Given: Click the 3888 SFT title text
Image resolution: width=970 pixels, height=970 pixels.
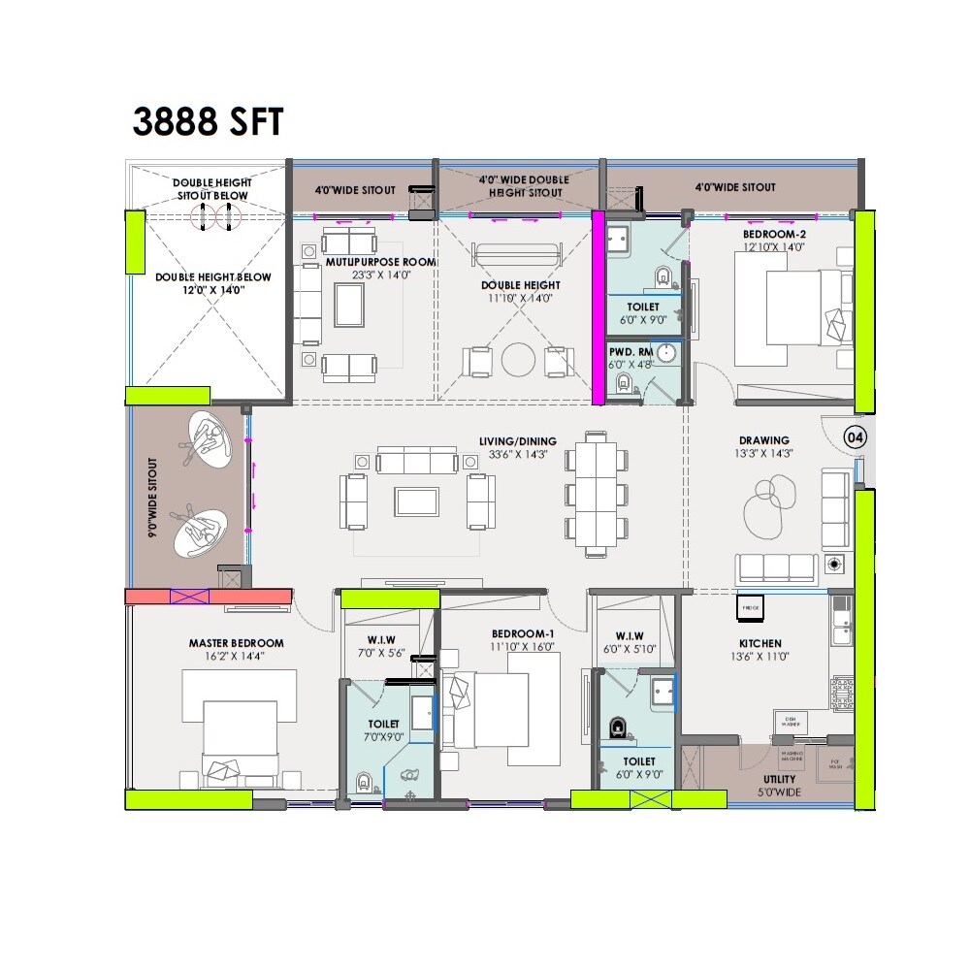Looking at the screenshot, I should pyautogui.click(x=208, y=122).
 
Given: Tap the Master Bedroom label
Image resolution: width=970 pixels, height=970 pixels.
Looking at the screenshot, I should pyautogui.click(x=236, y=643).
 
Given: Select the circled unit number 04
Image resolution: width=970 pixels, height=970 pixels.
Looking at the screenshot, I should pyautogui.click(x=855, y=437).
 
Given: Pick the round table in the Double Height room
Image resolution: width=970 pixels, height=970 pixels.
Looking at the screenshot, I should pyautogui.click(x=518, y=360).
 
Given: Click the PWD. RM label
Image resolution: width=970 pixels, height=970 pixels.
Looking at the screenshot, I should pyautogui.click(x=627, y=351).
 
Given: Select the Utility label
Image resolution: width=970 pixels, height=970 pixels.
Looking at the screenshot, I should pyautogui.click(x=779, y=779).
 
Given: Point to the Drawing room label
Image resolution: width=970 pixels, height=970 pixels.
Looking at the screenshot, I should pyautogui.click(x=764, y=440).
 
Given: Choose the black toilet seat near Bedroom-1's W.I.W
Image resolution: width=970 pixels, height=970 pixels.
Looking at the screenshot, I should pyautogui.click(x=617, y=726).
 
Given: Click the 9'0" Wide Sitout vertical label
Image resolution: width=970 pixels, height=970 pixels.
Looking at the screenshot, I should pyautogui.click(x=152, y=498).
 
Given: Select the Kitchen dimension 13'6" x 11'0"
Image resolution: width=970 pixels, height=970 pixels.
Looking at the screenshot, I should pyautogui.click(x=760, y=657).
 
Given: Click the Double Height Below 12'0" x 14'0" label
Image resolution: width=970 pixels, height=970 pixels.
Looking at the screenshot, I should pyautogui.click(x=213, y=282).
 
